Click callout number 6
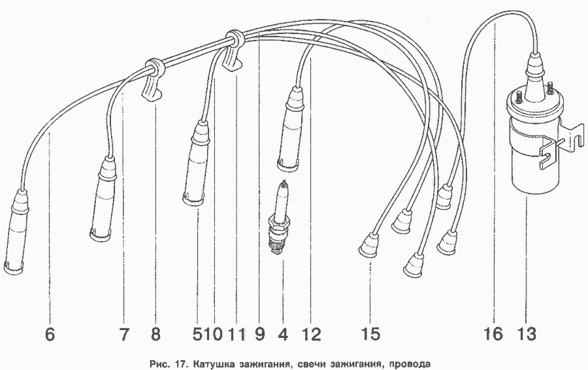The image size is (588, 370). [50, 334]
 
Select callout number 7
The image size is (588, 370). [125, 334]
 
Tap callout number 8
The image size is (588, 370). [156, 334]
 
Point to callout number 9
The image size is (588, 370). [259, 334]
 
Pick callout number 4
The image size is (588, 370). [284, 334]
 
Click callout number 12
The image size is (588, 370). [311, 334]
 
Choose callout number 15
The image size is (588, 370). [370, 334]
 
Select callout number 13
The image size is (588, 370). [526, 334]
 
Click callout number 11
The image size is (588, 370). [237, 334]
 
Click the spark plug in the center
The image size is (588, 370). [280, 218]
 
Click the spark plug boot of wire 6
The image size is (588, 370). [15, 232]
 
